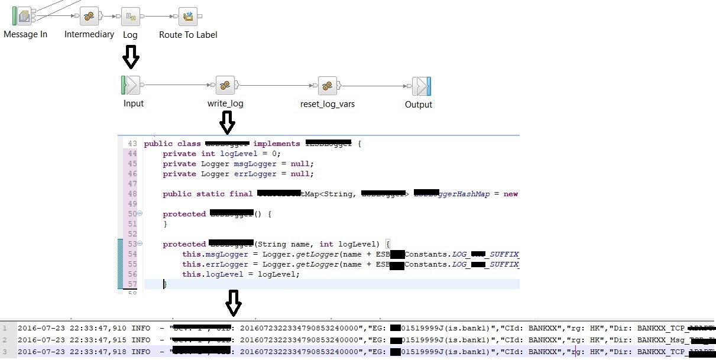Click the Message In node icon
(24, 16)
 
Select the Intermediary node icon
(89, 17)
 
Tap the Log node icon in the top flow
(130, 17)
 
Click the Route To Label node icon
(189, 17)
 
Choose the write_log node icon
(225, 85)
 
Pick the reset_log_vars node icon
(327, 85)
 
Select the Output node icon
(421, 86)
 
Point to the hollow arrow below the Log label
(131, 57)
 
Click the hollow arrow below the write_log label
(227, 123)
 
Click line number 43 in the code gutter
(132, 144)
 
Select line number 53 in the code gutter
(132, 244)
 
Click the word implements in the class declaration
(277, 144)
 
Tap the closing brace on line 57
(165, 284)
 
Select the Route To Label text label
(188, 35)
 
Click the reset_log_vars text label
(328, 104)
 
